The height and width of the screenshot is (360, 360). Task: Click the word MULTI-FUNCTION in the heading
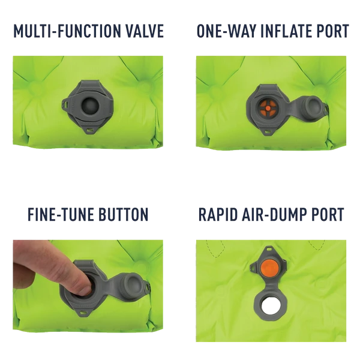coord(67,31)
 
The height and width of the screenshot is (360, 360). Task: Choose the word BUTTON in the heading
coord(123,214)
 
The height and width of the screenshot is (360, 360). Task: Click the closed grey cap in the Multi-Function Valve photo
coord(90,106)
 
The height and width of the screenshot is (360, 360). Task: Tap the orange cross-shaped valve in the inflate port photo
coord(268,108)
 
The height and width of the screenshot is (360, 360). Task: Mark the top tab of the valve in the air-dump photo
coord(269,249)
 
